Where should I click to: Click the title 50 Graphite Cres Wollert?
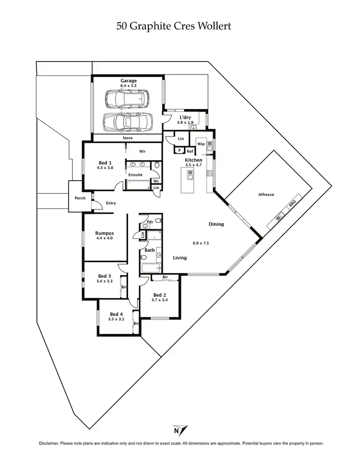pos(174,26)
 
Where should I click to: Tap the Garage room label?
pos(129,81)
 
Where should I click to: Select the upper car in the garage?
pos(127,99)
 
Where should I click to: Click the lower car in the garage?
pos(128,122)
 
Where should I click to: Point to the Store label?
pos(127,138)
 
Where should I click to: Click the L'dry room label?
pos(186,117)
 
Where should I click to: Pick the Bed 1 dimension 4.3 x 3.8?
pos(105,168)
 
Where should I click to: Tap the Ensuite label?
pos(135,174)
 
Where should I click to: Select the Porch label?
pos(80,198)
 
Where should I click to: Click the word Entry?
pos(111,203)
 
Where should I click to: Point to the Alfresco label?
pos(266,195)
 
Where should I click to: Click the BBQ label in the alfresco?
pos(291,206)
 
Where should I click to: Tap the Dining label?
pos(216,224)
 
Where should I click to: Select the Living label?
pos(180,258)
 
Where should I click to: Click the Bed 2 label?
pos(159,295)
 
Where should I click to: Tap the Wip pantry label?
pos(201,144)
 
